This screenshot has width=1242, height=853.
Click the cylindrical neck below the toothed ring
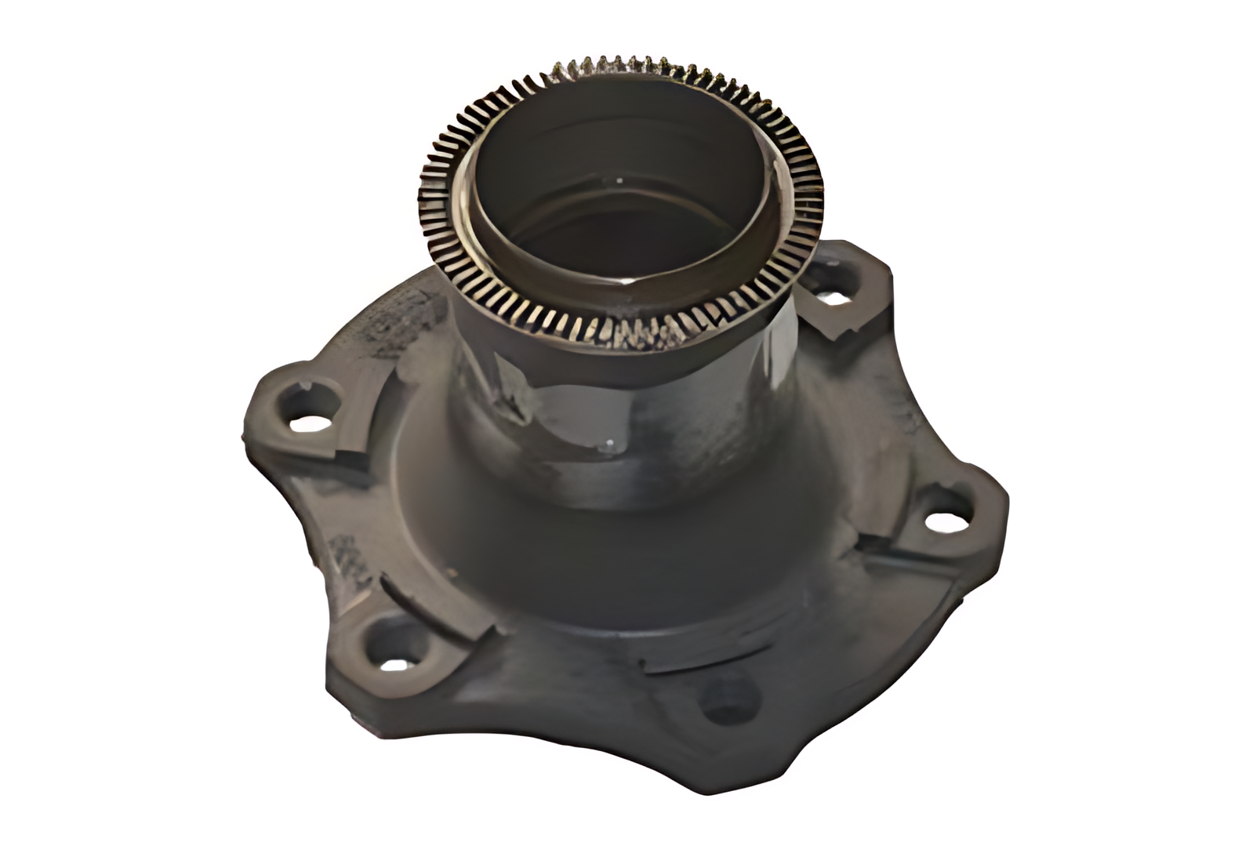pos(627,423)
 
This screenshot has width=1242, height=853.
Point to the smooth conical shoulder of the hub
pos(627,564)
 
